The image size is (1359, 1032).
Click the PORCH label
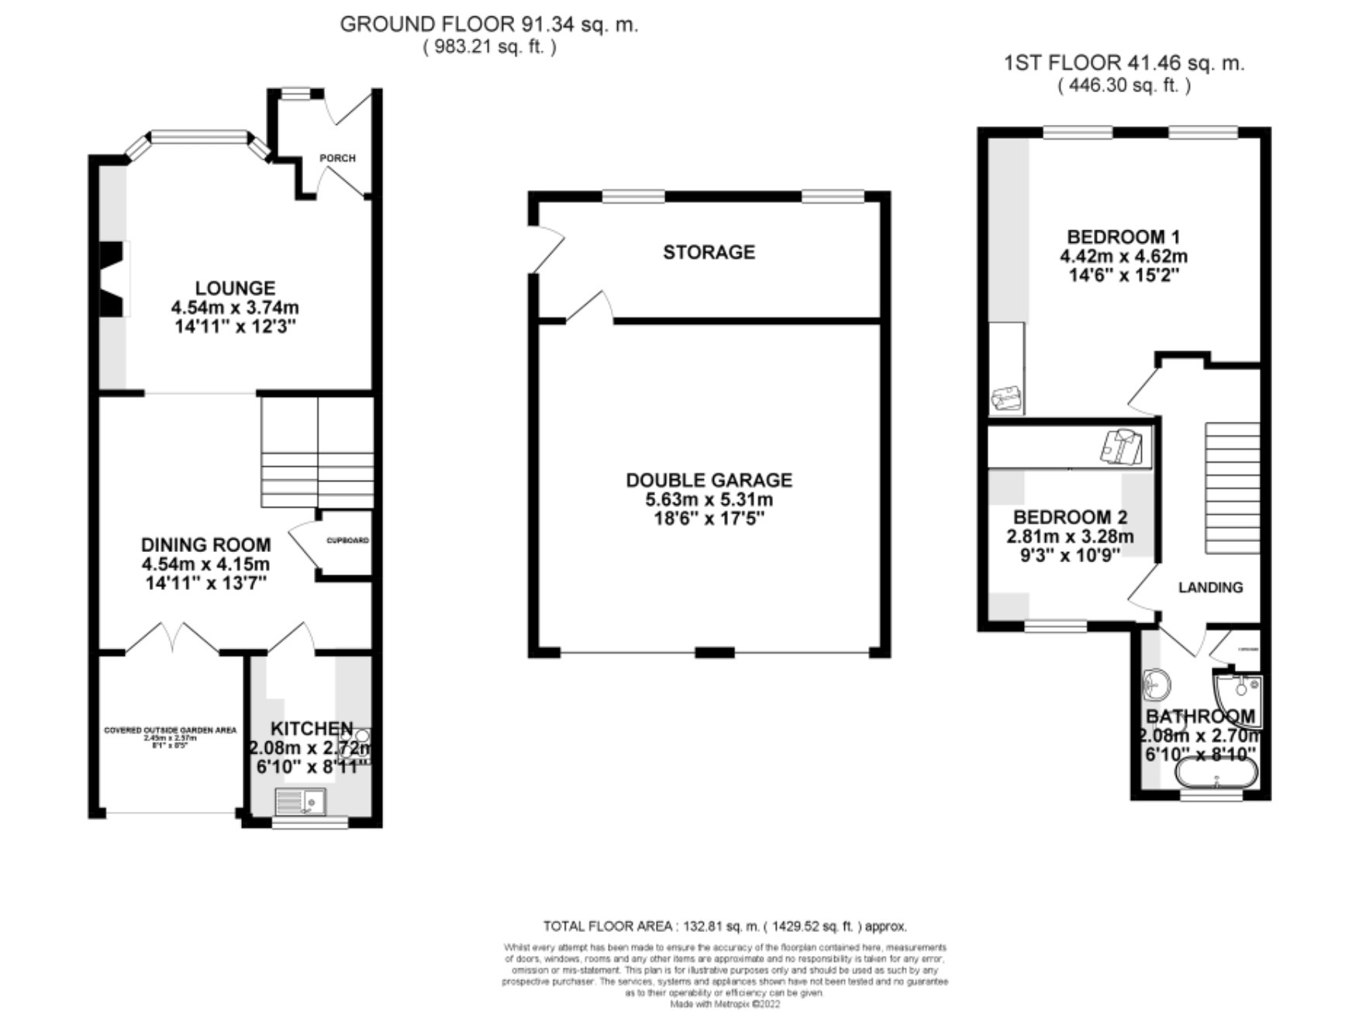tap(337, 158)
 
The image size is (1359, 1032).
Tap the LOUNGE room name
tap(235, 288)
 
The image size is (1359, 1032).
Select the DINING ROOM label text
tap(205, 544)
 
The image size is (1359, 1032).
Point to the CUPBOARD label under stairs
tap(347, 540)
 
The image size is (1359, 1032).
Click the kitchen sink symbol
tap(301, 800)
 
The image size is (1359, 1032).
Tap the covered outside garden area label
tap(170, 730)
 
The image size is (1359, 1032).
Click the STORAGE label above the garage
tap(709, 252)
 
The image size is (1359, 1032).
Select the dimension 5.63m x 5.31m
tap(709, 500)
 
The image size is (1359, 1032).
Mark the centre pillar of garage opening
tap(714, 652)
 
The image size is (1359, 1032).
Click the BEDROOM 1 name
tap(1123, 236)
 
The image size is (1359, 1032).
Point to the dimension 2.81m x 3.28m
tap(1070, 537)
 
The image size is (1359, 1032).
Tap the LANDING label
tap(1210, 588)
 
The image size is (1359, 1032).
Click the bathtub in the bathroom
tap(1216, 773)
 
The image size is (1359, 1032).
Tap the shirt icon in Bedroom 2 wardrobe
tap(1122, 447)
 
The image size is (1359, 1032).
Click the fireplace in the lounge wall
tap(112, 279)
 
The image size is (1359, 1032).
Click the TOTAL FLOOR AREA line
tap(724, 926)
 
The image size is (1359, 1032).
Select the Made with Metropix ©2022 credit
tap(724, 1004)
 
